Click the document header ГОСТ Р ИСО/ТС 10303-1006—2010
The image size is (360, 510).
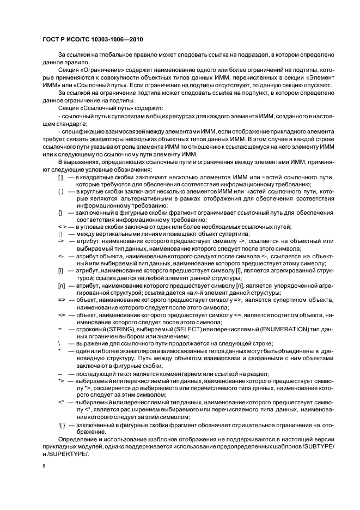[x=92, y=40]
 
